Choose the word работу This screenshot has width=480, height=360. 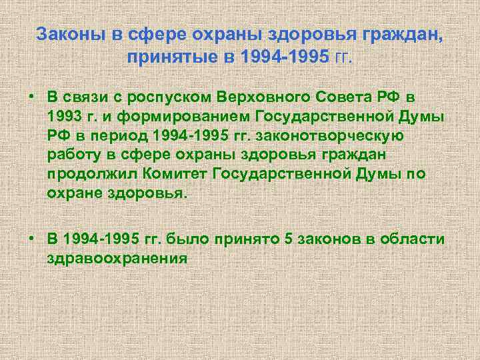pos(73,156)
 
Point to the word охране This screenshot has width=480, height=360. pos(71,193)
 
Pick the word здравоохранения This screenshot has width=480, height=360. pos(117,257)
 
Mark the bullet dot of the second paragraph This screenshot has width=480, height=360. pos(31,239)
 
